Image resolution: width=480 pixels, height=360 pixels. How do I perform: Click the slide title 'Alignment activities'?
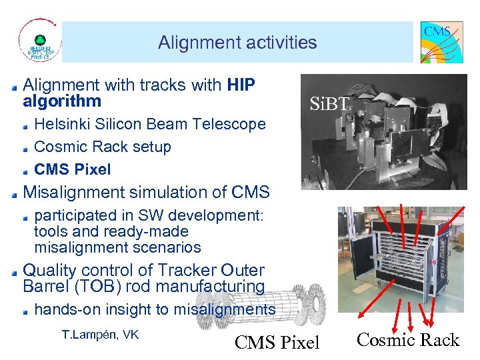237,43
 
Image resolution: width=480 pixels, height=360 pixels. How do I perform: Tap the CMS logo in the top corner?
441,42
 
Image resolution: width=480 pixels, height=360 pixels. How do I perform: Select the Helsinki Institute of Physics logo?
39,42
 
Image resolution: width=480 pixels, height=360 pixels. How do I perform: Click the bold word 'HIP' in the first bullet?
241,85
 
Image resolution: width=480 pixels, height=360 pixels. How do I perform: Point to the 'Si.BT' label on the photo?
329,103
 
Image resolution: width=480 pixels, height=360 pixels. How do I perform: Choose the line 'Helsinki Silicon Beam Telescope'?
149,124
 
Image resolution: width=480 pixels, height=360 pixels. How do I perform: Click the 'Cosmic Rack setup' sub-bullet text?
102,147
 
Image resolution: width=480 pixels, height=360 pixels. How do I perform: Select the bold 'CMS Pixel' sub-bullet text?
72,169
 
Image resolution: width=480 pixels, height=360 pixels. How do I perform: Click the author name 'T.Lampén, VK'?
100,335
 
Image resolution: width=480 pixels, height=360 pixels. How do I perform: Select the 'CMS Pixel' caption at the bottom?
277,342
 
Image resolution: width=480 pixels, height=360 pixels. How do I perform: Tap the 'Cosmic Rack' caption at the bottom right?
408,340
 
